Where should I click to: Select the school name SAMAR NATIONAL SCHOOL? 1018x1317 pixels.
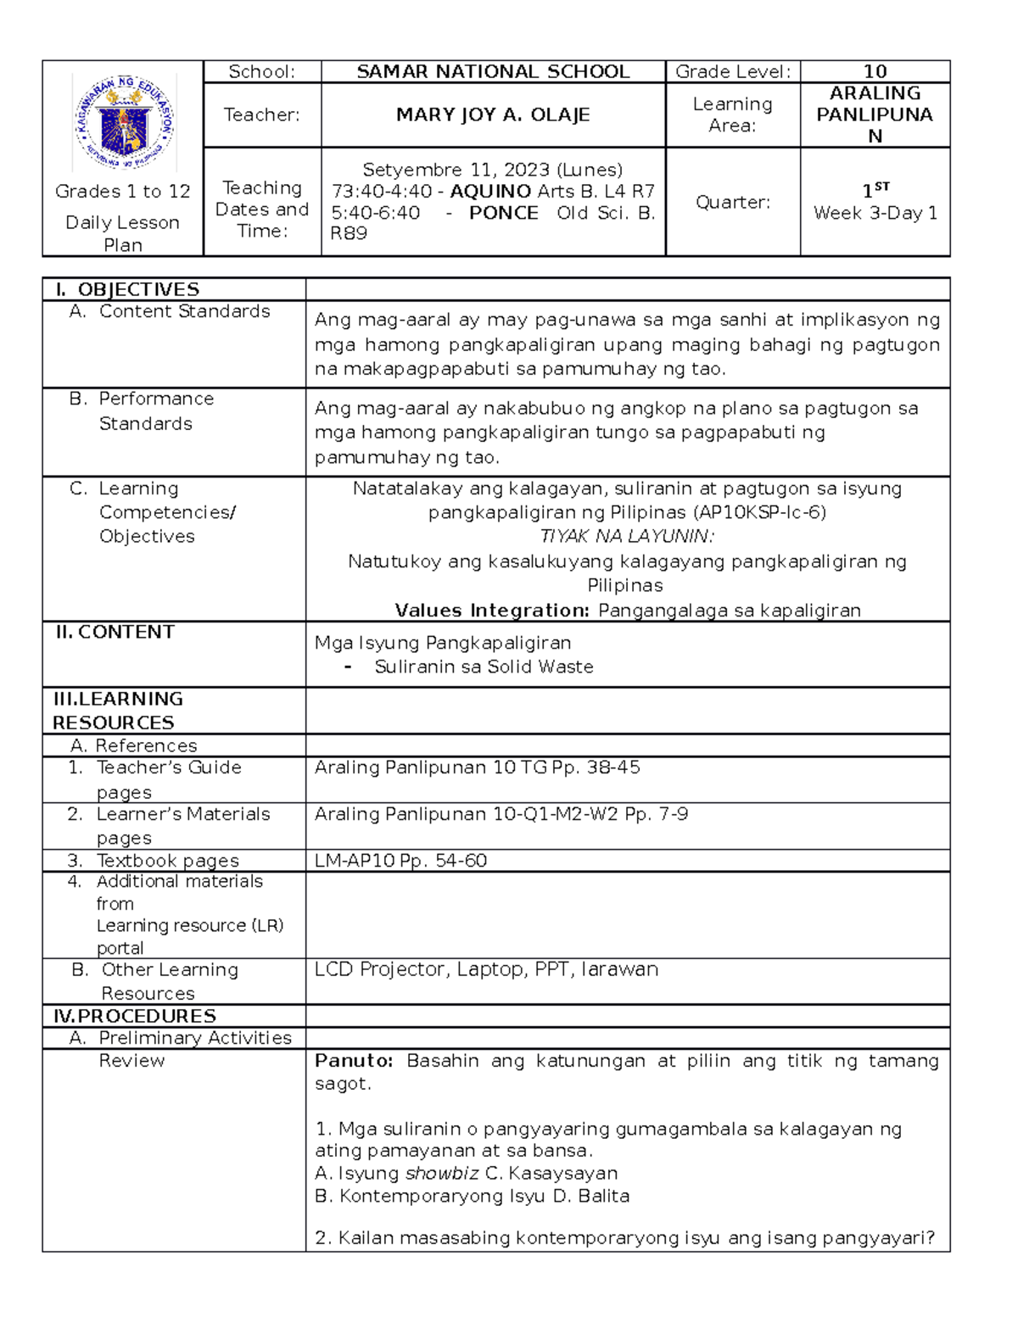493,72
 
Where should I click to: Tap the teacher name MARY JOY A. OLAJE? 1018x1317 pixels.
493,114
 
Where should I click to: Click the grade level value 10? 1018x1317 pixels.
875,72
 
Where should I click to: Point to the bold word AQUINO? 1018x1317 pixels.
490,192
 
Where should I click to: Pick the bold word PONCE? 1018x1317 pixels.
503,213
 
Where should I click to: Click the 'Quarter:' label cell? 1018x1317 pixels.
733,202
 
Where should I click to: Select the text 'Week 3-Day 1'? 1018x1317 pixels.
875,214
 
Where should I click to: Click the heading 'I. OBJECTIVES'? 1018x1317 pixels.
127,289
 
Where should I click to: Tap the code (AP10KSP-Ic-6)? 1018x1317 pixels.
759,512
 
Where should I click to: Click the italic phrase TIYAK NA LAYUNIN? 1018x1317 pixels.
627,536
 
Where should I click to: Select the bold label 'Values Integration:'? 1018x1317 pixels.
492,611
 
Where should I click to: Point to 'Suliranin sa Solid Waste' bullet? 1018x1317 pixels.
484,667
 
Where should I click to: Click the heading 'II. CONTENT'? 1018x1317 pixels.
115,632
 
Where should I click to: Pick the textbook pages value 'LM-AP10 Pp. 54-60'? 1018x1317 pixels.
400,861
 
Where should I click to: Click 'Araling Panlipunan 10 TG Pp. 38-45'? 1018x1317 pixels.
477,767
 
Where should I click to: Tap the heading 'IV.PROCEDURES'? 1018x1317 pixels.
134,1016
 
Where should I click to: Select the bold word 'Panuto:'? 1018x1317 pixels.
354,1061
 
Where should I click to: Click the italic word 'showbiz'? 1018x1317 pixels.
442,1174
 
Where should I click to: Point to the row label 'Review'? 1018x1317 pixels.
131,1061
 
